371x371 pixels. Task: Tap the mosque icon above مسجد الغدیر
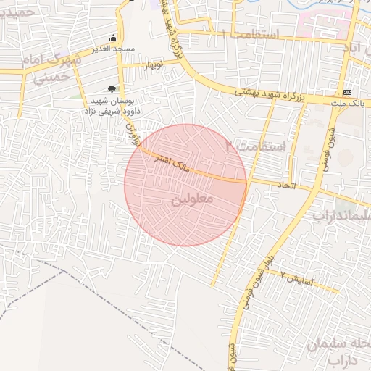[113, 37]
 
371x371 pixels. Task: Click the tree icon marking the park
[112, 88]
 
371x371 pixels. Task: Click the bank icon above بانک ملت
[348, 92]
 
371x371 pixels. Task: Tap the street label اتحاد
[288, 186]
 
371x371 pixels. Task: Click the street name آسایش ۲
[296, 279]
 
